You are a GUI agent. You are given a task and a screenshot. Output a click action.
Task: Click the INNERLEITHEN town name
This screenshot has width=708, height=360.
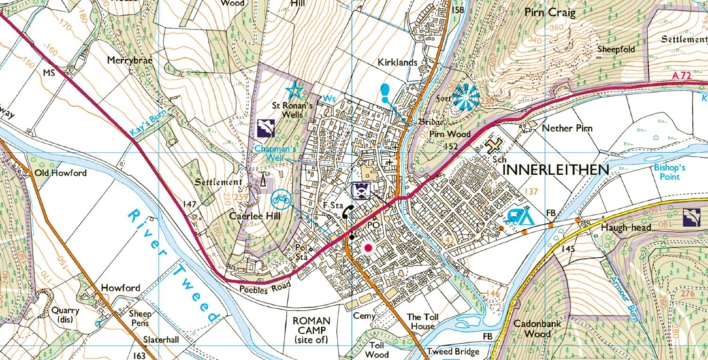pyautogui.click(x=556, y=169)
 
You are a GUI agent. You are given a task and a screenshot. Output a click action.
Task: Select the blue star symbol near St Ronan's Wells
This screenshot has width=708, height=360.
pyautogui.click(x=295, y=89)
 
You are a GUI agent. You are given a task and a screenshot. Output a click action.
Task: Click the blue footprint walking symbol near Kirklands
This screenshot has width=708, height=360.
pyautogui.click(x=386, y=91)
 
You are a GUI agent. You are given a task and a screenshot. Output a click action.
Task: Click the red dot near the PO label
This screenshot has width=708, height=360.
pyautogui.click(x=368, y=247)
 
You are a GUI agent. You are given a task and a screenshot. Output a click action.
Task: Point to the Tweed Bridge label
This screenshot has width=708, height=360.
pyautogui.click(x=452, y=352)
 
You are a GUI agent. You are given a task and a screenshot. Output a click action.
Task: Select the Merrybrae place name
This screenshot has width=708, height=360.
pyautogui.click(x=129, y=60)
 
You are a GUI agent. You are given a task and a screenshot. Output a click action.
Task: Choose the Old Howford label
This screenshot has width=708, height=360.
pyautogui.click(x=60, y=173)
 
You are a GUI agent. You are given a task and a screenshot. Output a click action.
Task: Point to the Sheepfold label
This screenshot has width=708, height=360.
pyautogui.click(x=601, y=49)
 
